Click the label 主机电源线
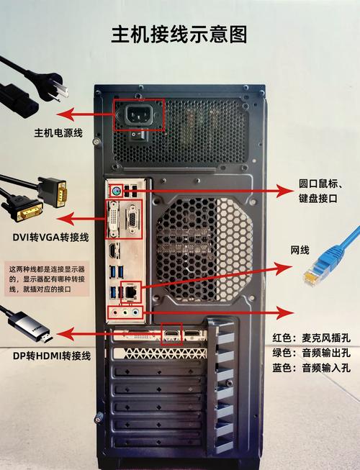[x=60, y=133]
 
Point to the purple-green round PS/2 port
[x=114, y=191]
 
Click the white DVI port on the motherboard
[x=114, y=220]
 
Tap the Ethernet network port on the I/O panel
[x=130, y=292]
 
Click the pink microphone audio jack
[x=113, y=312]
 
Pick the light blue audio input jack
[x=137, y=312]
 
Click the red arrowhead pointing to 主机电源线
[x=64, y=114]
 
